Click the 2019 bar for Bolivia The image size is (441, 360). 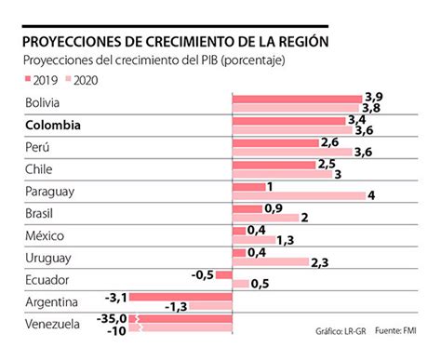click(296, 98)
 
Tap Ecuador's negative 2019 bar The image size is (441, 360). click(223, 274)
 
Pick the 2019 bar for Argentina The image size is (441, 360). click(180, 298)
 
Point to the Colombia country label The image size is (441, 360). click(53, 125)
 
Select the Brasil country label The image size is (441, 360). click(44, 212)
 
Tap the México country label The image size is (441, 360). click(46, 234)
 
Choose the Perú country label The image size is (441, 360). click(41, 146)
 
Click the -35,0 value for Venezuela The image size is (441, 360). click(109, 318)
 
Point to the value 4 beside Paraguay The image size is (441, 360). click(372, 195)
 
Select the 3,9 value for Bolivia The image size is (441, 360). click(374, 97)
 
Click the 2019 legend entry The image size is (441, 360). click(41, 81)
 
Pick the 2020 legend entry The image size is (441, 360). click(85, 81)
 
